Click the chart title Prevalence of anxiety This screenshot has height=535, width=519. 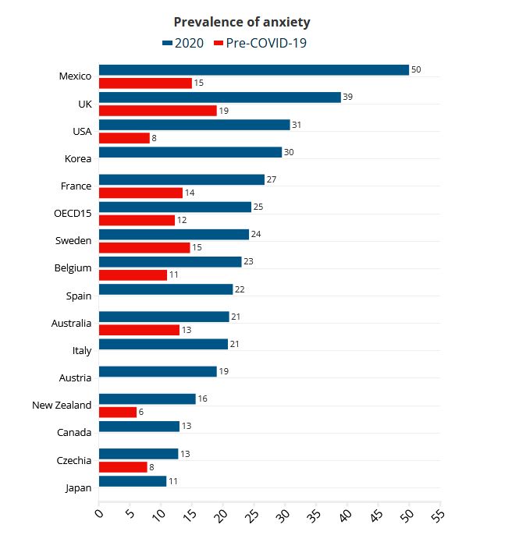(242, 22)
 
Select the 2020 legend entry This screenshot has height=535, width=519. (183, 43)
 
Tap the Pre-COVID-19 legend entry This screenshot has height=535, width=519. (260, 43)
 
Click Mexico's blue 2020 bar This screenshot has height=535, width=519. (254, 70)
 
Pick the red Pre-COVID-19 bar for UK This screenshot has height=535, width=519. (158, 111)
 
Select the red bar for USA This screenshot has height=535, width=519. (125, 138)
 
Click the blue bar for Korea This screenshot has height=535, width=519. (190, 152)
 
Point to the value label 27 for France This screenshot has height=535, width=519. (272, 179)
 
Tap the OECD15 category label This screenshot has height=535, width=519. (73, 213)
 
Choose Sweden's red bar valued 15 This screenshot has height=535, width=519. (145, 248)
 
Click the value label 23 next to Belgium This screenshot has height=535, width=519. (248, 261)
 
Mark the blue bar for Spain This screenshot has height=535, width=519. (166, 289)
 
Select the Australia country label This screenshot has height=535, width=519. (71, 323)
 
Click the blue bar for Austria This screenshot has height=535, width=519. (158, 371)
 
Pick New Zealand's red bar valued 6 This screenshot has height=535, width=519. (118, 412)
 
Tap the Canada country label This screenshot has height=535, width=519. (74, 433)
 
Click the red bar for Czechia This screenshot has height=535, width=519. (123, 467)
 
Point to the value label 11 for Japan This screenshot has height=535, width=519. (173, 481)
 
